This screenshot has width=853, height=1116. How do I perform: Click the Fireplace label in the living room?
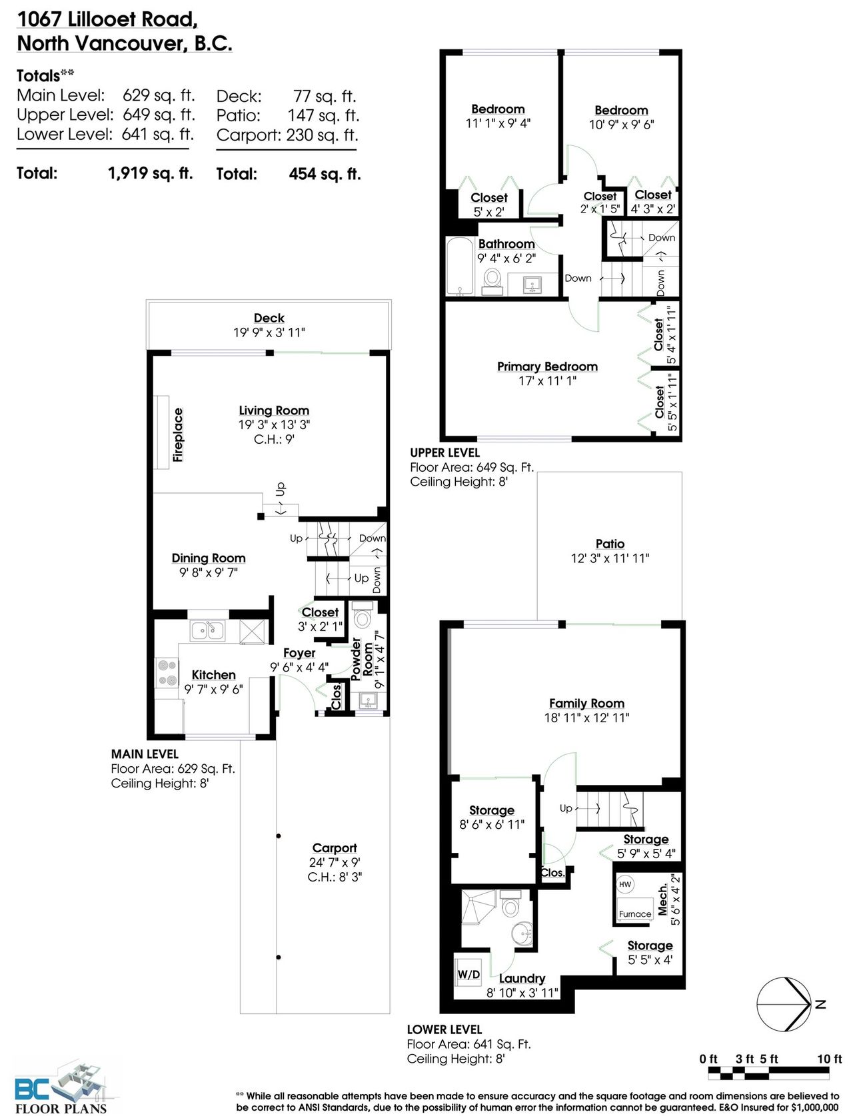point(177,434)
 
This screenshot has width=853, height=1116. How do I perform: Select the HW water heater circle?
point(624,884)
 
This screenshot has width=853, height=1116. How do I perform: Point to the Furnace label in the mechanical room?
point(635,913)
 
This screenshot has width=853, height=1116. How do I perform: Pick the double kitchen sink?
point(207,631)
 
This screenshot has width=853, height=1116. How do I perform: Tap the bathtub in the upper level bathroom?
point(459,266)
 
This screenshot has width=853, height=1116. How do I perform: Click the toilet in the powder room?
point(363,615)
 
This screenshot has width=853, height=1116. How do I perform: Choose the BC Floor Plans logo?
point(62,1087)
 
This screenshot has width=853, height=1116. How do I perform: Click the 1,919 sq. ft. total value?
point(151,173)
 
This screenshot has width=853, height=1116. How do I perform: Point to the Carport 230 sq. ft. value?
point(323,135)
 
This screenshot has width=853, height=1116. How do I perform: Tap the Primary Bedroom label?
point(547,366)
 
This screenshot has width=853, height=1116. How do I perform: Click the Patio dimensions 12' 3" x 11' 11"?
point(610,558)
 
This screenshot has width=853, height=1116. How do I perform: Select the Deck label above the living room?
point(269,318)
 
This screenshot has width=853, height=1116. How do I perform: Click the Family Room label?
point(586,703)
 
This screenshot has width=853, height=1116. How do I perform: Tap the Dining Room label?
point(209,558)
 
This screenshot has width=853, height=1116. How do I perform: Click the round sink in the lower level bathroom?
point(522,933)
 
